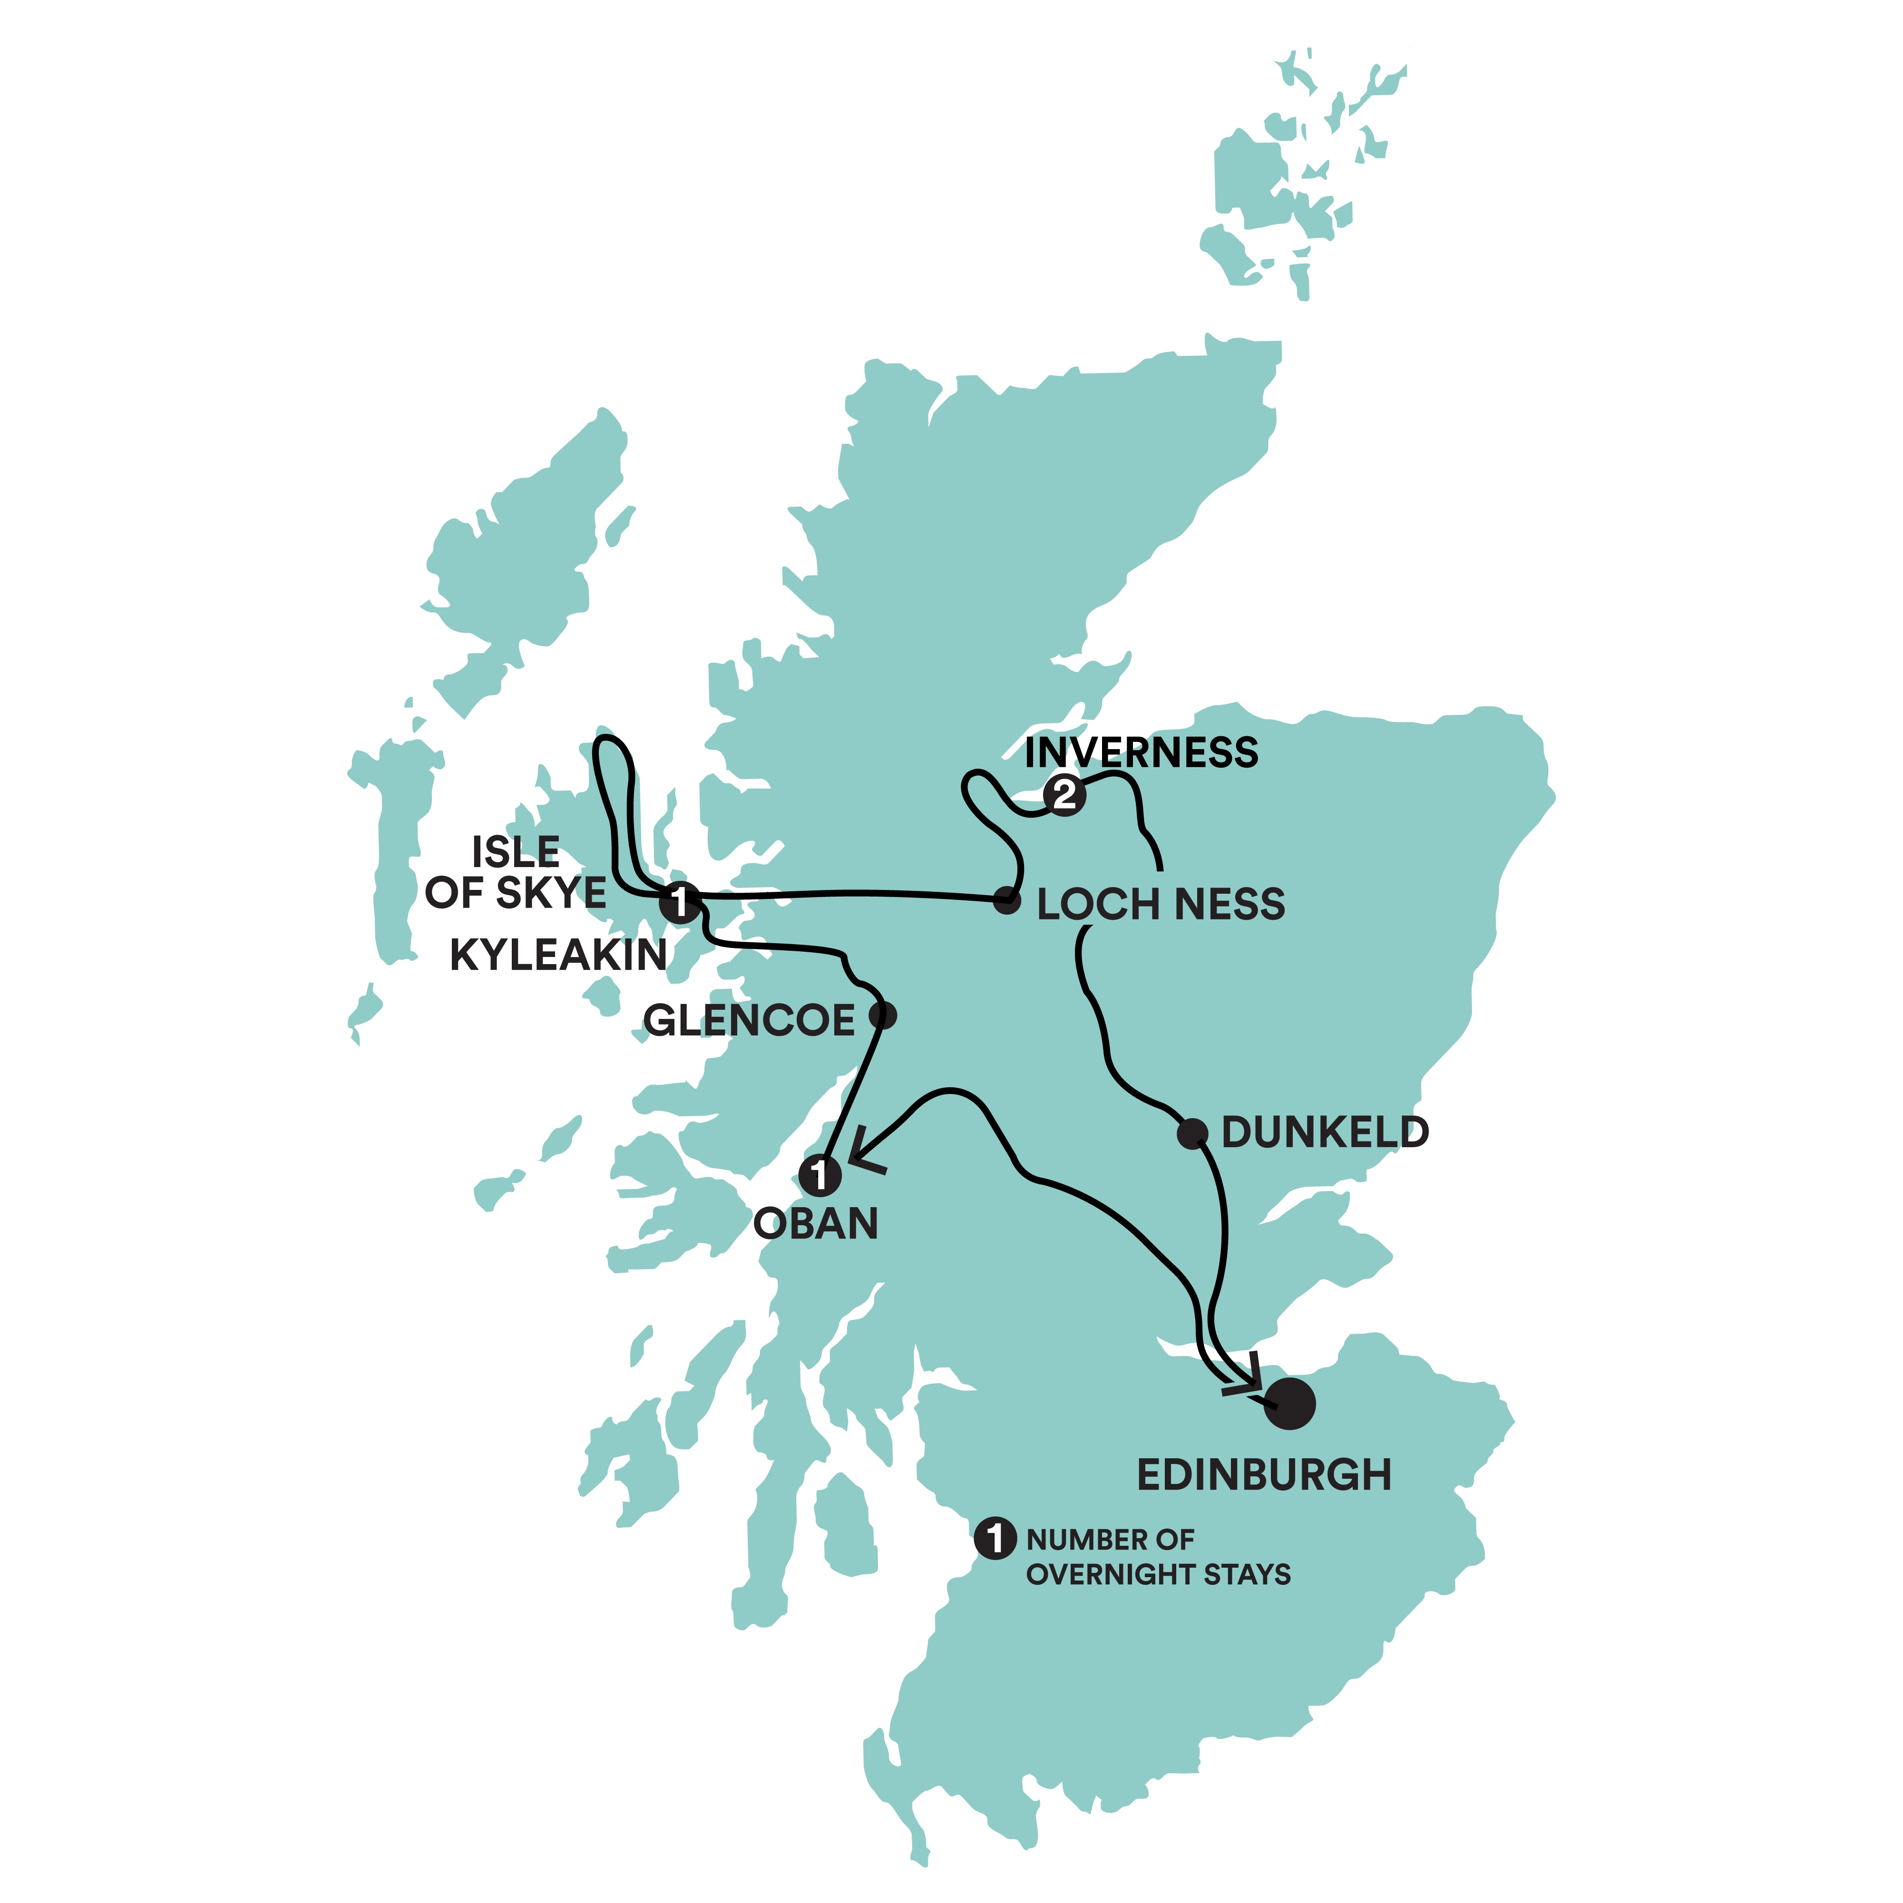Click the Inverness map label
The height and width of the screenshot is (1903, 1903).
pyautogui.click(x=1141, y=753)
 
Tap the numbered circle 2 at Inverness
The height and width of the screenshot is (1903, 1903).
pyautogui.click(x=1064, y=795)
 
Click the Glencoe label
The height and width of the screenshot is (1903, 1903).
pyautogui.click(x=750, y=1020)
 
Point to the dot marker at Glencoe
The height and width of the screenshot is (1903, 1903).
pyautogui.click(x=883, y=1015)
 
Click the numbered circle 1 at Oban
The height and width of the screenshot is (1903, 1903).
pyautogui.click(x=820, y=1175)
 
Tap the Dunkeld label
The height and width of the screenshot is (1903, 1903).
pyautogui.click(x=1325, y=1133)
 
